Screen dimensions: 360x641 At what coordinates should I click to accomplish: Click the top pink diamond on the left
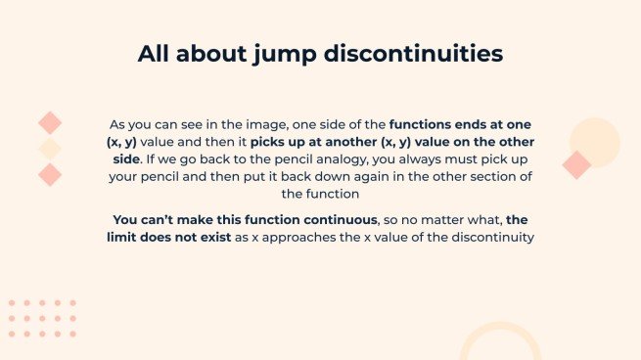[50, 122]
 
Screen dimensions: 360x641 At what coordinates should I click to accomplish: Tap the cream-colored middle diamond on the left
[50, 149]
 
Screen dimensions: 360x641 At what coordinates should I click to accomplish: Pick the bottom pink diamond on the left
[50, 175]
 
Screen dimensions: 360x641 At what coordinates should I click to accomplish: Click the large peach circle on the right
[596, 140]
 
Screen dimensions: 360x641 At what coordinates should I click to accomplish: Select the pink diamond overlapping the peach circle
[576, 164]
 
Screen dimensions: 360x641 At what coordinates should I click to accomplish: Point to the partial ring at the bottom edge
[500, 337]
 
